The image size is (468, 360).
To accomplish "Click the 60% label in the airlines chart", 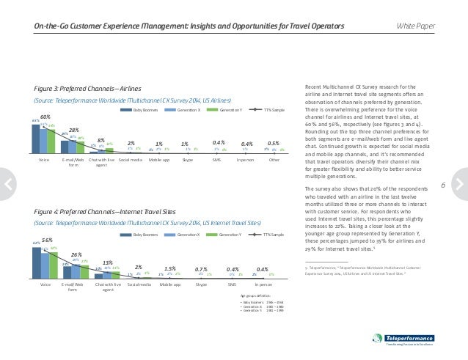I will point(45,117).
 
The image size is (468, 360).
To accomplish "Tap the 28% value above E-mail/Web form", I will point(75,129).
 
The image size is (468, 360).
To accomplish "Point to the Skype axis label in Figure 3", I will point(187,158).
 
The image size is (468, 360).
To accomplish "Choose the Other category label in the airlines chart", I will point(274,158).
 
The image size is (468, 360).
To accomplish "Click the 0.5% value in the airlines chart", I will point(274,143).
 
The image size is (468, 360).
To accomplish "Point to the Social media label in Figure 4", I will point(139,283).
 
